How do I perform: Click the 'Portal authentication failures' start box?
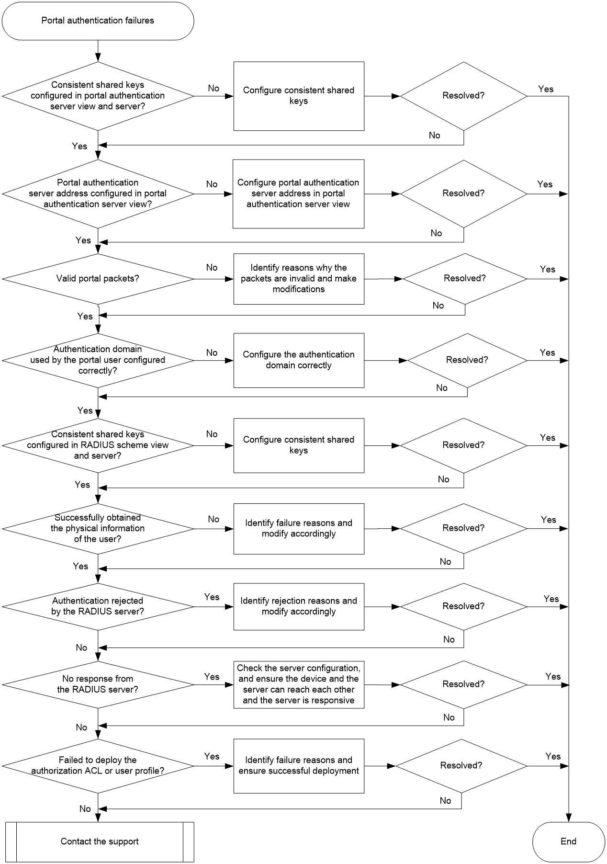(98, 21)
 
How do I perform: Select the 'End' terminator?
(569, 841)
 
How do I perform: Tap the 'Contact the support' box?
(100, 841)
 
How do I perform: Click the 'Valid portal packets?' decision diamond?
(98, 279)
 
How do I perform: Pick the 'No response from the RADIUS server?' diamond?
(98, 684)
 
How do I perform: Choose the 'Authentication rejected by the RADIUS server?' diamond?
(98, 606)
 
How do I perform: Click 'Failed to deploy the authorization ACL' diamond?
(98, 765)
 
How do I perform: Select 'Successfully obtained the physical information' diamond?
(98, 528)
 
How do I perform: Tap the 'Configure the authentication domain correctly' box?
(299, 360)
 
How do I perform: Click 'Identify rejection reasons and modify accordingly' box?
(299, 606)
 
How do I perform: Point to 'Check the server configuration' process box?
(299, 684)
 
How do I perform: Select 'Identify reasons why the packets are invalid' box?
(299, 279)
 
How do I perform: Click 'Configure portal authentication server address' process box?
(299, 193)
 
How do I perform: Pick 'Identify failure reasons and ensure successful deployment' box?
(299, 765)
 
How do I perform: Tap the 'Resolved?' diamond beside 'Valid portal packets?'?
(465, 279)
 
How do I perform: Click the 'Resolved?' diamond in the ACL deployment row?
(461, 765)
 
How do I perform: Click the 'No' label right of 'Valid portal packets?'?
(212, 268)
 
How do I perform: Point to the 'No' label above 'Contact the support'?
(85, 808)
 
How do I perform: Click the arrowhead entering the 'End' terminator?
(569, 818)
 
